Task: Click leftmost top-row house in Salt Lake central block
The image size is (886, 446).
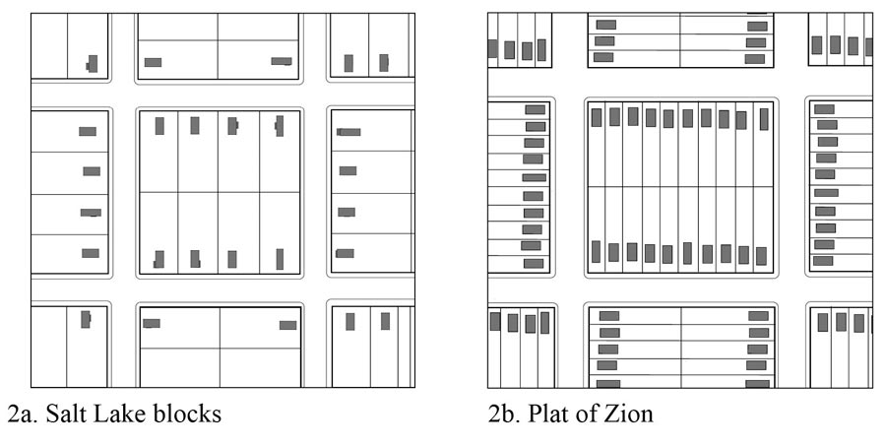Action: (159, 126)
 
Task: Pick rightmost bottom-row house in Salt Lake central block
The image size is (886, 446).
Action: (280, 259)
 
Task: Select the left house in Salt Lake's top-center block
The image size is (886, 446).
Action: (153, 62)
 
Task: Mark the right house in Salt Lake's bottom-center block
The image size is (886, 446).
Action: (287, 325)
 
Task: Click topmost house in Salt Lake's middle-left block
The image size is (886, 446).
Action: (88, 131)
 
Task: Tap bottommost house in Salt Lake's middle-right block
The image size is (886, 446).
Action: (345, 253)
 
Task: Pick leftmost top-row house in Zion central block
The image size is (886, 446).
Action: (596, 117)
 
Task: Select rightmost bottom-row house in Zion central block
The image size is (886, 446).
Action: (761, 255)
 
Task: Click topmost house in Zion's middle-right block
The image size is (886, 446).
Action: (824, 109)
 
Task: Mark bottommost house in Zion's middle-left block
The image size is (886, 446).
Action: (534, 263)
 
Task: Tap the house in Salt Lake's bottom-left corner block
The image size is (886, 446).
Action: (86, 319)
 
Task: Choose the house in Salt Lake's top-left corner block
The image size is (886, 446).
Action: (93, 63)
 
